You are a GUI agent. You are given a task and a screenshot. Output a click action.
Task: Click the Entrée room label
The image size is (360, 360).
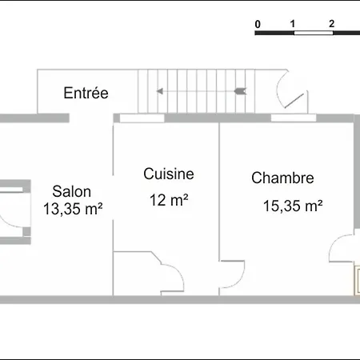86,93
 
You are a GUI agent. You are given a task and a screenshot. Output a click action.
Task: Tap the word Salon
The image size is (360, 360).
72,192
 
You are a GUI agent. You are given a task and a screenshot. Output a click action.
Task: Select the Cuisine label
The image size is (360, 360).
169,174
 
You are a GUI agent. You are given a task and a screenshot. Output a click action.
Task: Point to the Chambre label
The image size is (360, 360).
282,178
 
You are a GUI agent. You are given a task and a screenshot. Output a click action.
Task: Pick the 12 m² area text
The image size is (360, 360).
169,201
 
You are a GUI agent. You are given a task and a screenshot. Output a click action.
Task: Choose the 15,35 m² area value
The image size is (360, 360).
293,206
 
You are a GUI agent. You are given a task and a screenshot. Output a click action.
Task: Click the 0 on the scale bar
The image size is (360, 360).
258,24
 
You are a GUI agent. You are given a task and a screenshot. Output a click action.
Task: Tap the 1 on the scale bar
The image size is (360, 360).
294,24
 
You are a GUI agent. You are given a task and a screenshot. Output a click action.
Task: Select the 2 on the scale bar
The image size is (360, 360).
331,24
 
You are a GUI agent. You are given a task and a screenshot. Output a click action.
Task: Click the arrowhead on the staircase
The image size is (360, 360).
161,92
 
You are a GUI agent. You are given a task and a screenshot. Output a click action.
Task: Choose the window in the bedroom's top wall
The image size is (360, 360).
290,118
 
